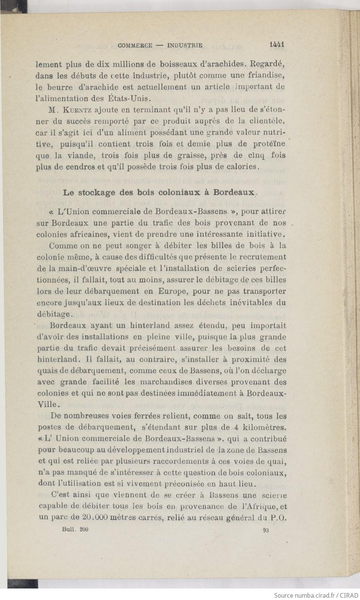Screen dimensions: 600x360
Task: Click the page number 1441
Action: click(277, 44)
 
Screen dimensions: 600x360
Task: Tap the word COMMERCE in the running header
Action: click(135, 45)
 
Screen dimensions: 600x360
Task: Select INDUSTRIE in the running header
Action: click(185, 45)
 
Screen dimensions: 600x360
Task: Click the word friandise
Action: click(267, 75)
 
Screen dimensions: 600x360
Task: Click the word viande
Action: click(79, 156)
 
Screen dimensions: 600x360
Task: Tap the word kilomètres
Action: click(265, 427)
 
